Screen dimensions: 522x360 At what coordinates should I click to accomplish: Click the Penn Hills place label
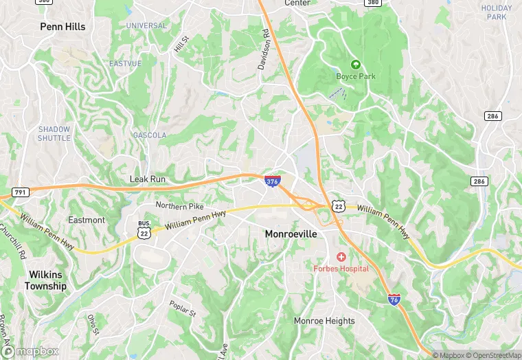[63, 27]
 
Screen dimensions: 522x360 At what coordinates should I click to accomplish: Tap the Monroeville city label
[291, 234]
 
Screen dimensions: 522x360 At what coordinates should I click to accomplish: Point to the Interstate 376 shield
[272, 181]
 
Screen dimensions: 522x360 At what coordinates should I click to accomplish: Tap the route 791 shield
[20, 192]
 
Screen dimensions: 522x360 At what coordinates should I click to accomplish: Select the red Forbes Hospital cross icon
[341, 256]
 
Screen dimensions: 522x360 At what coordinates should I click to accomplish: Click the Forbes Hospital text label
[341, 269]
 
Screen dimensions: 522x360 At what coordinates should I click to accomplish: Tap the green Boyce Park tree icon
[355, 65]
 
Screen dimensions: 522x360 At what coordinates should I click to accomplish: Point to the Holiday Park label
[497, 12]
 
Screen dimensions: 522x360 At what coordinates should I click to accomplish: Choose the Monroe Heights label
[324, 321]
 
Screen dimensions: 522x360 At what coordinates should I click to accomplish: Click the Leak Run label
[148, 179]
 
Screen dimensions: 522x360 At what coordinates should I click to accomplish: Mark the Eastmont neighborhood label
[87, 220]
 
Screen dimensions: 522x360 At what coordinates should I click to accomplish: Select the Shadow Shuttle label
[54, 133]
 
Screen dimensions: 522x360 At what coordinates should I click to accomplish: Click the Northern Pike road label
[179, 205]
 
